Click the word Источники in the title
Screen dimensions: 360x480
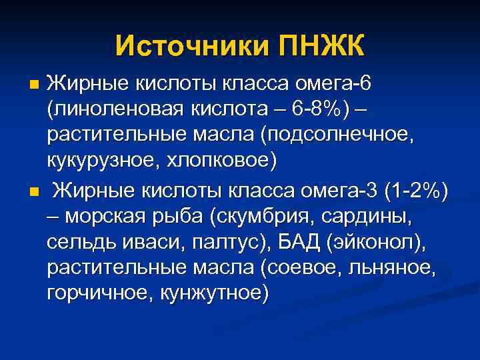pyautogui.click(x=191, y=46)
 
